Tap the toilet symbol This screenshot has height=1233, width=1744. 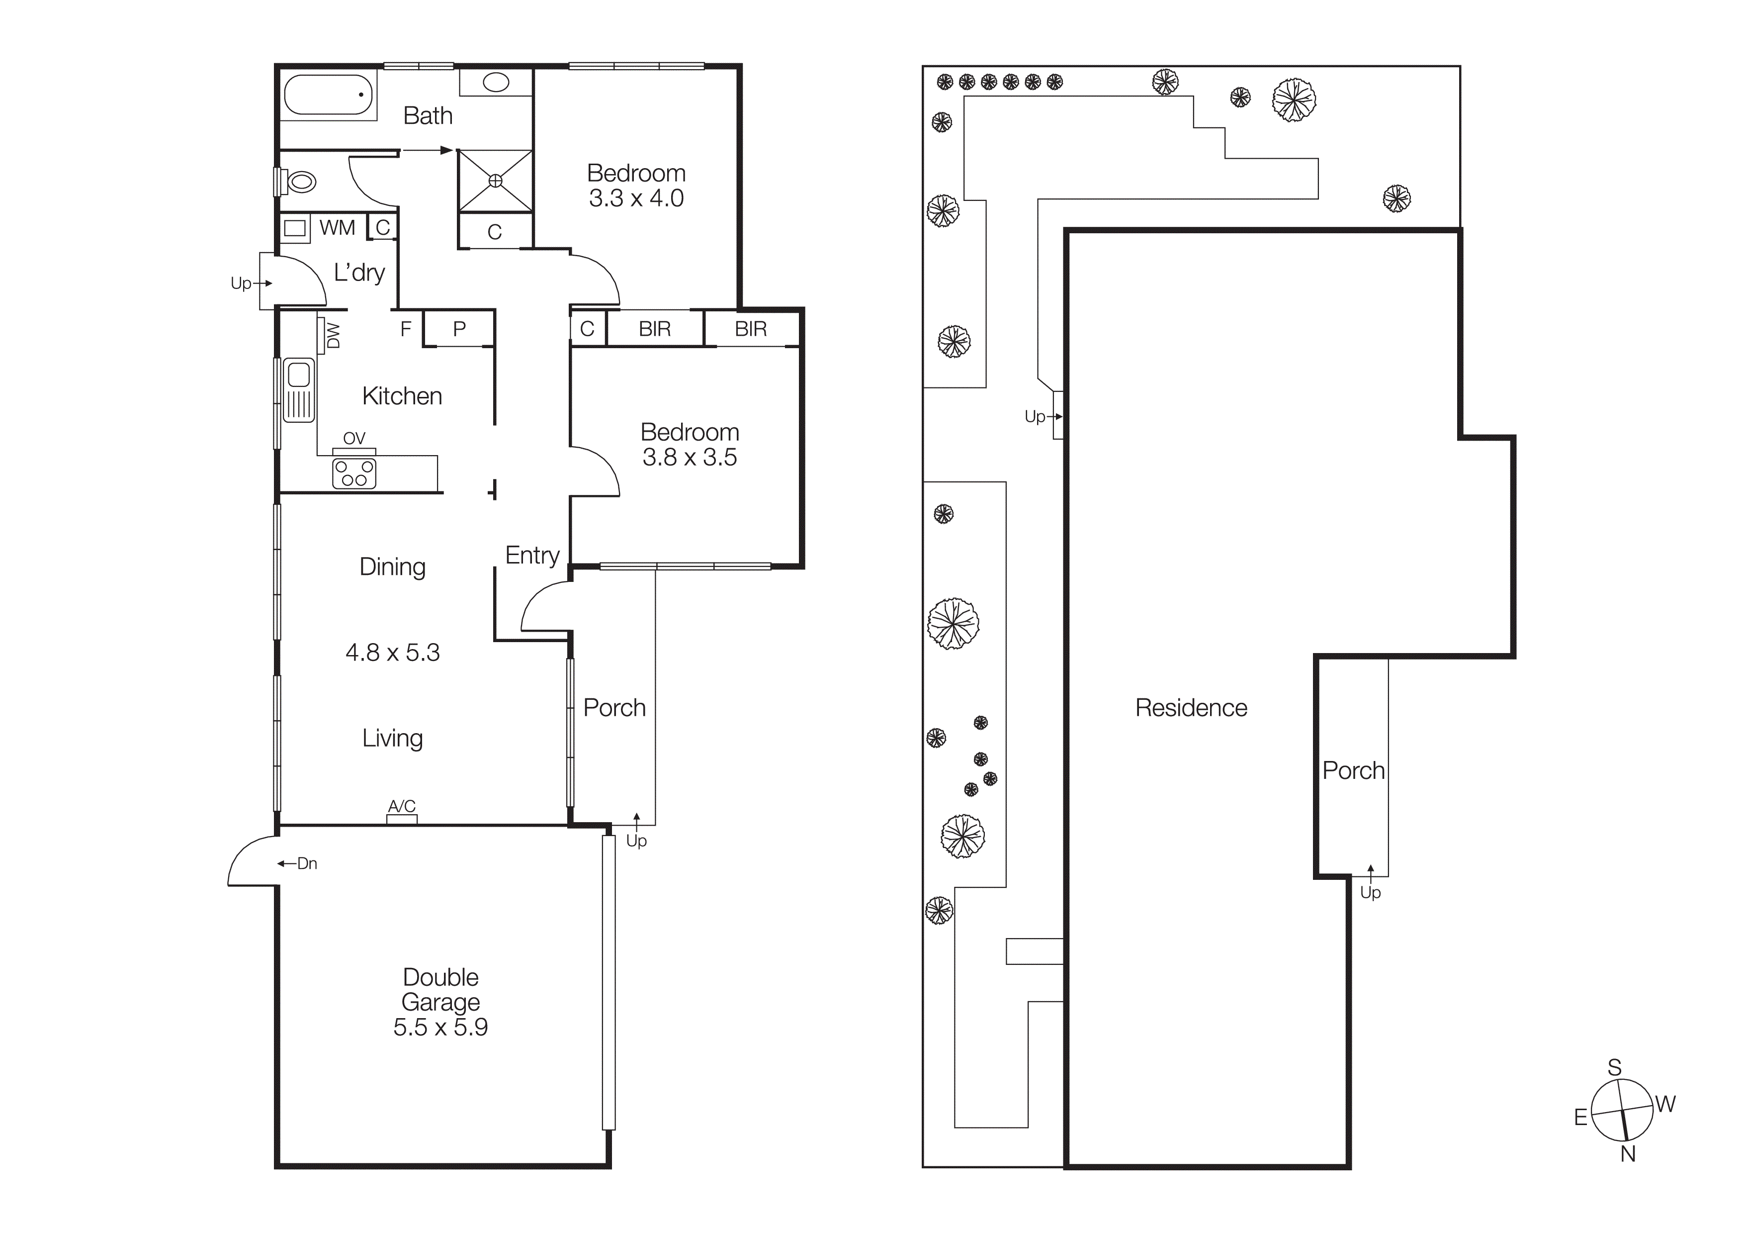click(300, 182)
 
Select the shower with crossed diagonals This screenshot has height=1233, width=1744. click(495, 181)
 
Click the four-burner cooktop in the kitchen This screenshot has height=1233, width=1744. click(354, 474)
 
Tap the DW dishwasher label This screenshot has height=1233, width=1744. click(333, 335)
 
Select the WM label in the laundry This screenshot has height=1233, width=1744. click(337, 228)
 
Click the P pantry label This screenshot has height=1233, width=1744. click(459, 329)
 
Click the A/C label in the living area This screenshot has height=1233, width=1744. click(402, 806)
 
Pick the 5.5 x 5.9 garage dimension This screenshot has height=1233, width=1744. click(440, 1027)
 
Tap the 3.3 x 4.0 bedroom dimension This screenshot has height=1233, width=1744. click(636, 198)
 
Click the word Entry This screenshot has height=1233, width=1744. click(532, 556)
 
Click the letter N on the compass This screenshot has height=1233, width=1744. click(1627, 1154)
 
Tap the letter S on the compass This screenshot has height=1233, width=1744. click(1614, 1067)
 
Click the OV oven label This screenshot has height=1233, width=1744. click(354, 438)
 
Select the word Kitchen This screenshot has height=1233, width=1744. click(402, 396)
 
